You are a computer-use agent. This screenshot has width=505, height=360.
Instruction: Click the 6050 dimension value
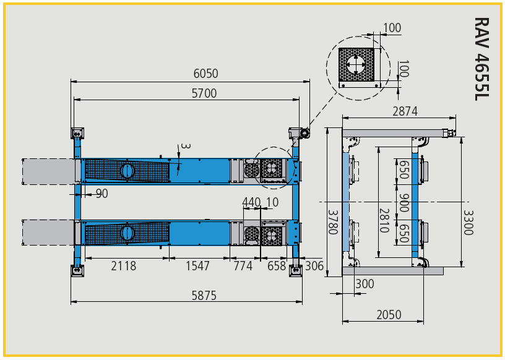pos(205,74)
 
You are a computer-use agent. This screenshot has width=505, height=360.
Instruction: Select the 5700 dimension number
pos(204,93)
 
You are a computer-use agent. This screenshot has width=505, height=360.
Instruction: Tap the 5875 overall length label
pos(204,295)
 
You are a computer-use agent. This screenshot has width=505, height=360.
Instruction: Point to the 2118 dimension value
pos(124,266)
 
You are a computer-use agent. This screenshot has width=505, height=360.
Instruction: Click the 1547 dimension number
pos(198,266)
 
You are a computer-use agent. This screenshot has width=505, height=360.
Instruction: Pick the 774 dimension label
pos(243,266)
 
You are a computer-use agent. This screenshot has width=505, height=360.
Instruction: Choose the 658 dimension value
pos(277,266)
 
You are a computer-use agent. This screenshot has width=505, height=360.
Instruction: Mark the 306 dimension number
pos(314,266)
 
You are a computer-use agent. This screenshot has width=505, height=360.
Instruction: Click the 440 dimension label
pos(251,202)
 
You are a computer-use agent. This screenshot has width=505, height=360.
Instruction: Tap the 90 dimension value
pos(101,194)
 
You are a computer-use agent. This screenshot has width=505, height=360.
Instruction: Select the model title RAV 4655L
pos(482,59)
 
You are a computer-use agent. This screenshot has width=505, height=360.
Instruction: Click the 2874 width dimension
pos(405,111)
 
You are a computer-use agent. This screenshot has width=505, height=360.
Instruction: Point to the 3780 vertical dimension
pos(333,222)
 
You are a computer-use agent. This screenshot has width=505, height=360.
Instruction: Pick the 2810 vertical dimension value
pos(384,221)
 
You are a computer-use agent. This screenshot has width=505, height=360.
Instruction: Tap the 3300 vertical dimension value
pos(468,223)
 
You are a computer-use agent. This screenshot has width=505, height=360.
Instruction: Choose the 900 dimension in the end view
pos(404,202)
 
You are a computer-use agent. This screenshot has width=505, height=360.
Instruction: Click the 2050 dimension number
pos(389,315)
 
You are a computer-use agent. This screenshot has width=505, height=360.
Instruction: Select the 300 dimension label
pos(365,284)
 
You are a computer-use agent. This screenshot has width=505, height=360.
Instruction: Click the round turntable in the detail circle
pos(356,64)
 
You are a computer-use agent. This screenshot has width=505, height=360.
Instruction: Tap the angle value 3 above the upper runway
pos(186,146)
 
